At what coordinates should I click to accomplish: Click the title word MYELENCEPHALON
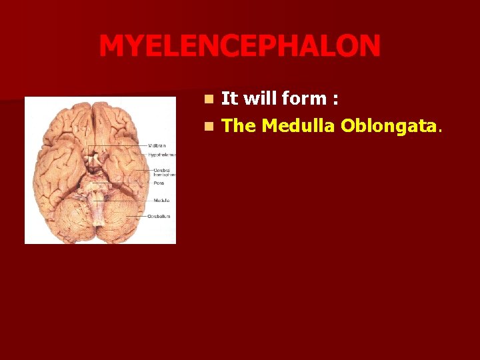point(240,47)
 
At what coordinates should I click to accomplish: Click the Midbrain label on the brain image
point(157,145)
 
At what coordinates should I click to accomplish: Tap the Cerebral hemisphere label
point(161,172)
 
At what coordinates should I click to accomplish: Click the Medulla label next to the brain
point(161,200)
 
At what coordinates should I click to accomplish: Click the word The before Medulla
point(239,125)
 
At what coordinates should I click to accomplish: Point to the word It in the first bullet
point(229,99)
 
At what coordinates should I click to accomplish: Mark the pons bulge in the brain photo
point(101,187)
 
